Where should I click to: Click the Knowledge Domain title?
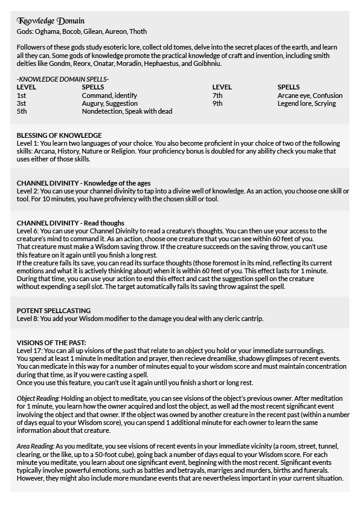(51, 21)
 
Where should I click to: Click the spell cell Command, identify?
(109, 96)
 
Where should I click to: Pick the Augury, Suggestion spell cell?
(109, 103)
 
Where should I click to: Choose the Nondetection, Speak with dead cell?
(127, 111)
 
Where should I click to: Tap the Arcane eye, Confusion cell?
(310, 96)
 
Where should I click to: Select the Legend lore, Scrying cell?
(306, 103)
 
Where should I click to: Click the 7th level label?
(217, 96)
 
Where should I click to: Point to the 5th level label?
(22, 111)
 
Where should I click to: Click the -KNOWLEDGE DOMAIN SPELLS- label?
(63, 79)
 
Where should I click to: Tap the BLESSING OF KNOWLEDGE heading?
(59, 135)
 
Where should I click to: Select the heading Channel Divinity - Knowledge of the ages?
(83, 183)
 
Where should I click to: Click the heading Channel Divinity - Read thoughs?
(71, 223)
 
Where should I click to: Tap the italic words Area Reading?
(34, 446)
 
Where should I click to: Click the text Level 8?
(27, 318)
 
